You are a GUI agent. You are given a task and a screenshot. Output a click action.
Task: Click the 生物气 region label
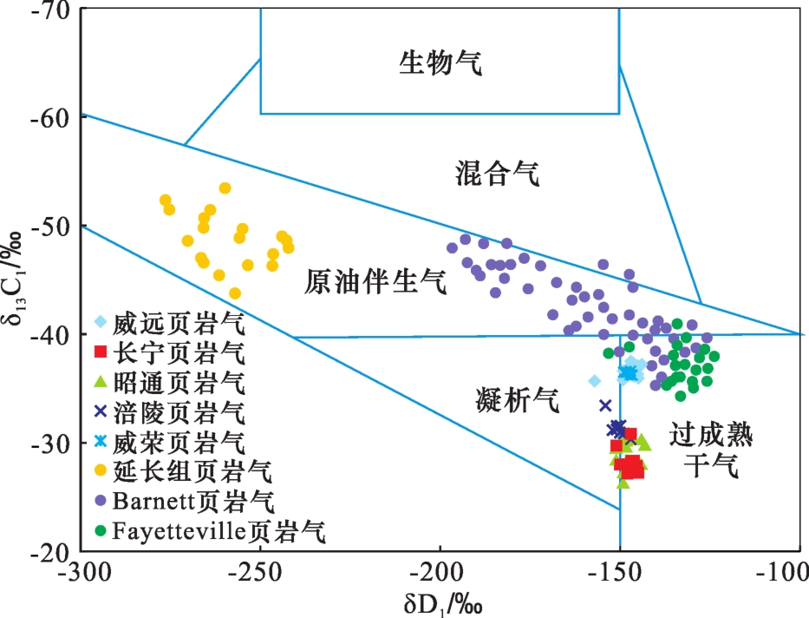coord(440,62)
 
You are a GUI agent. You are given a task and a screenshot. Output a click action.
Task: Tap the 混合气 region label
coord(497,175)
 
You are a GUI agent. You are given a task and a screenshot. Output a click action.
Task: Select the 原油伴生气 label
coord(375,282)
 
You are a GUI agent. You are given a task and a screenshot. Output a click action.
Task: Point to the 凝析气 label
coord(519,400)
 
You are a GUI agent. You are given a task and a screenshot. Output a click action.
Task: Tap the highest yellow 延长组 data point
coord(225,188)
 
